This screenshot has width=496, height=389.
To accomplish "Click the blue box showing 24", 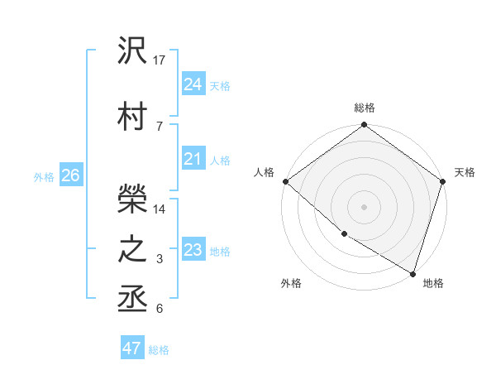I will (x=193, y=84).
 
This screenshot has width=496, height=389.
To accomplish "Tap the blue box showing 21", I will (x=193, y=159).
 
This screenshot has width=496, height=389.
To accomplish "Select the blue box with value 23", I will (x=193, y=250).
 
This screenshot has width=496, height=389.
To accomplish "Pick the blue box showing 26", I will (x=70, y=175).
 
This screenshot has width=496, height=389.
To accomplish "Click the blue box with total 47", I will (x=132, y=348).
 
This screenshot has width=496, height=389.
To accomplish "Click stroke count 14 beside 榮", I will (x=160, y=209).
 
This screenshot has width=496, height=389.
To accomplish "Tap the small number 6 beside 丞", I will (x=160, y=309).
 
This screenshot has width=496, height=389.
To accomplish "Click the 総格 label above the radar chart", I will (x=365, y=108).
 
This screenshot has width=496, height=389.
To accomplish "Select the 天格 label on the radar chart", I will (x=465, y=172).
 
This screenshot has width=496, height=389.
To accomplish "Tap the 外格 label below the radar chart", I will (x=291, y=283).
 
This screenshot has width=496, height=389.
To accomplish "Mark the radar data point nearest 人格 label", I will (x=285, y=181).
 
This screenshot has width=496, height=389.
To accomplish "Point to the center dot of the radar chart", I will (x=364, y=207).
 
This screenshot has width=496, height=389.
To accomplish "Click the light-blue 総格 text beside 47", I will (x=159, y=350).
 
